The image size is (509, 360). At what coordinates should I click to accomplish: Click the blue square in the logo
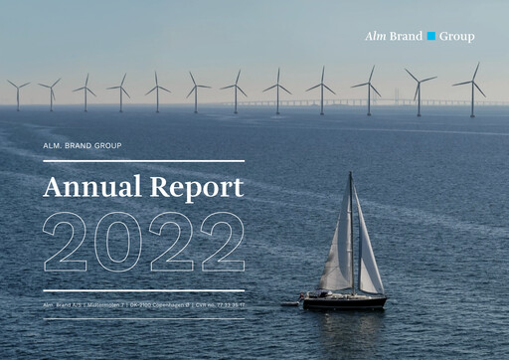coord(431,37)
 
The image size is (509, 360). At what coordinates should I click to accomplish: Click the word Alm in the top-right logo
coord(375,37)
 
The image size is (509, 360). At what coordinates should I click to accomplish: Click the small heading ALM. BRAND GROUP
coord(84,147)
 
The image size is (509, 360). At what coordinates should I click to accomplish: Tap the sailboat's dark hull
coord(344,300)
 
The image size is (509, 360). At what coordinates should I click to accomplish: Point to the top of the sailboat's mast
coord(351,174)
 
